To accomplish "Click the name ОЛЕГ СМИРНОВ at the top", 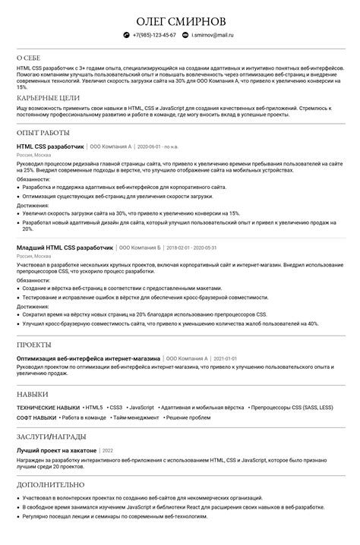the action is (180, 19).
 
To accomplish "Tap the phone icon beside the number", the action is (127, 35).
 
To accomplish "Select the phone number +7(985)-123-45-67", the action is (154, 35).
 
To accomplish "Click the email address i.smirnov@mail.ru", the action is (213, 35).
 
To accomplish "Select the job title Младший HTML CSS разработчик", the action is (64, 247).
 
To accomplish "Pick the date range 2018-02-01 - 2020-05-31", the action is (191, 247).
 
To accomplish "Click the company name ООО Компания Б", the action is (139, 247).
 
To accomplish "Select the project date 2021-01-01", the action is (226, 358).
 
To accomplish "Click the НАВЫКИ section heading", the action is (33, 395).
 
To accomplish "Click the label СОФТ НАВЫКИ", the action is (36, 417).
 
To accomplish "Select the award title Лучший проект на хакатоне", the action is (56, 450).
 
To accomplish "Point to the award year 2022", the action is (107, 450).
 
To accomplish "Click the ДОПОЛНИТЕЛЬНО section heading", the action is (51, 484).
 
